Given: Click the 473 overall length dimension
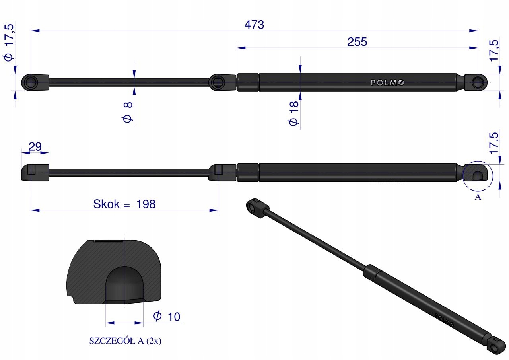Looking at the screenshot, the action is coord(254,25).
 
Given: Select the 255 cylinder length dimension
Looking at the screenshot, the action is coord(357,42).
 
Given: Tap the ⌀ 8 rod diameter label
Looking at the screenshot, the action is coord(128,112).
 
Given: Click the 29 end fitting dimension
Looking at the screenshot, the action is coord(35,147).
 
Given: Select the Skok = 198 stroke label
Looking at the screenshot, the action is coord(124,204).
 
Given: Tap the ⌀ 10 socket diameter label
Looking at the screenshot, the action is coord(167,316).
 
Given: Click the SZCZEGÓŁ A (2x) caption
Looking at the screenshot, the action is coord(125,341).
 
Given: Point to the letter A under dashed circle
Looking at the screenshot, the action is coord(478,197).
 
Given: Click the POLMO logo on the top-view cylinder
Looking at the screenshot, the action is coord(387,82).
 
